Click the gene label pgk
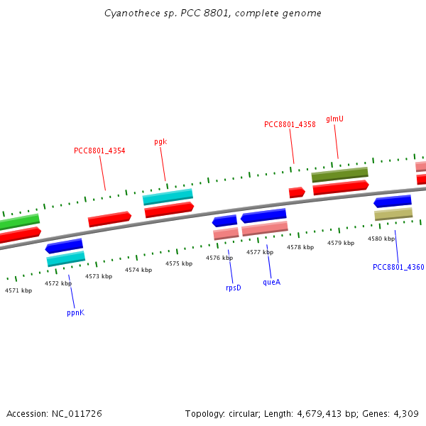(x=160, y=141)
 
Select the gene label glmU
(x=334, y=119)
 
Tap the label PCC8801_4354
(x=99, y=151)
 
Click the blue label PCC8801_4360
(x=398, y=267)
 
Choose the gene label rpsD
(x=233, y=288)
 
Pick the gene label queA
(x=271, y=282)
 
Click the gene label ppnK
(x=75, y=312)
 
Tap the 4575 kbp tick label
(x=179, y=263)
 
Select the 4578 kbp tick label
(x=300, y=247)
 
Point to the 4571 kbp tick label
(x=18, y=290)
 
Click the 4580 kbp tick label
(x=381, y=239)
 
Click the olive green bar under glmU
(x=339, y=175)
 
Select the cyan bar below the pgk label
(x=168, y=197)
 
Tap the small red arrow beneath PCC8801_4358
(x=297, y=192)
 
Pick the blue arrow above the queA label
(x=263, y=216)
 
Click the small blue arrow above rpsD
(x=224, y=221)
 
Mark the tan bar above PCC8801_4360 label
(x=393, y=214)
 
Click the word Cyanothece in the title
(x=127, y=13)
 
